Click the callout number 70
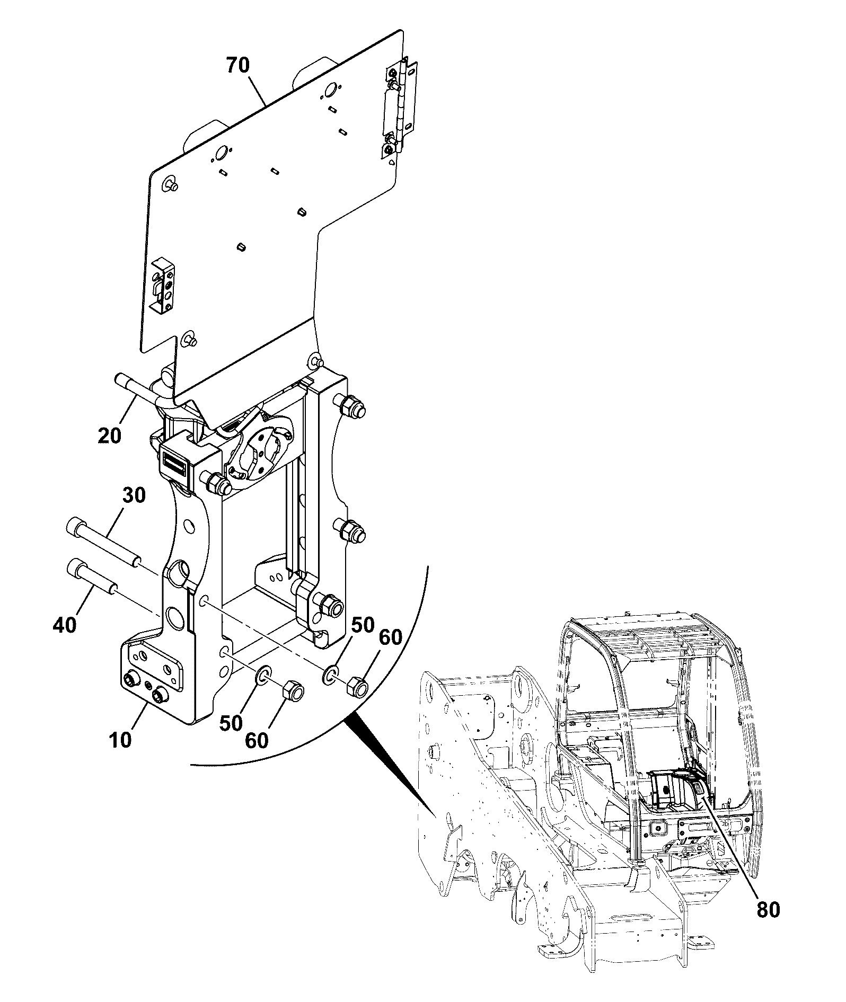238,66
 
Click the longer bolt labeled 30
104,542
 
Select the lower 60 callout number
257,740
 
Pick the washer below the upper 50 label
330,676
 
